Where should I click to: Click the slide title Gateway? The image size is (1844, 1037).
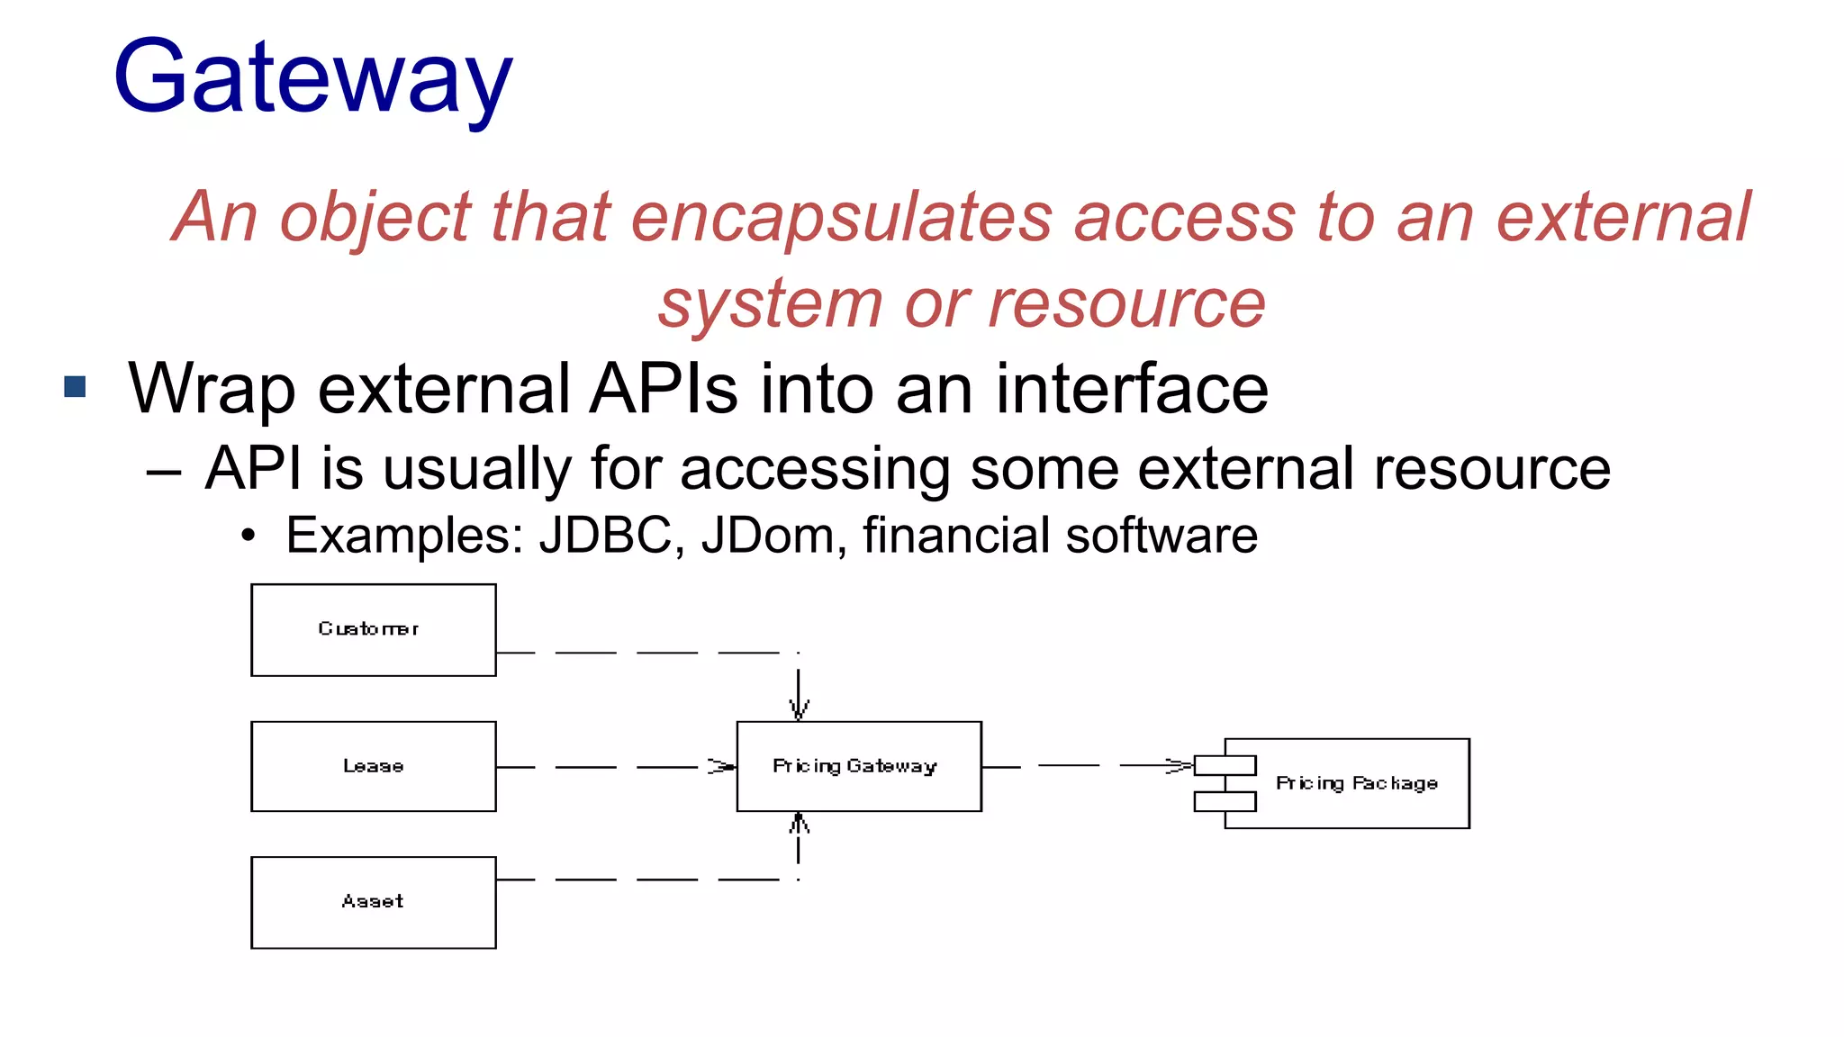pos(313,79)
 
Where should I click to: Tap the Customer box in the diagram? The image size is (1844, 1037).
pos(373,629)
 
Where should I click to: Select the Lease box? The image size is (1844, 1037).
pos(373,766)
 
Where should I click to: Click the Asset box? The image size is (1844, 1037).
pos(373,902)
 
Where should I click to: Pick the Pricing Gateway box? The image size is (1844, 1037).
pos(858,766)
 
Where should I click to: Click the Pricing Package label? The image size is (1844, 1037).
pos(1356,783)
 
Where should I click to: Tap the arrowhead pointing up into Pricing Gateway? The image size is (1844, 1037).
pos(799,823)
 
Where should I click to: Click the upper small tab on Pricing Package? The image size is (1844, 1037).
pos(1225,766)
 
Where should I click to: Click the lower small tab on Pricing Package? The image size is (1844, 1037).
pos(1225,801)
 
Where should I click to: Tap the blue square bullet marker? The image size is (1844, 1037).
pos(75,387)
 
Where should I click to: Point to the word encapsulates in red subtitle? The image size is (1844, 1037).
pos(841,219)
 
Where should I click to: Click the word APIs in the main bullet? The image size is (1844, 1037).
pos(664,389)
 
